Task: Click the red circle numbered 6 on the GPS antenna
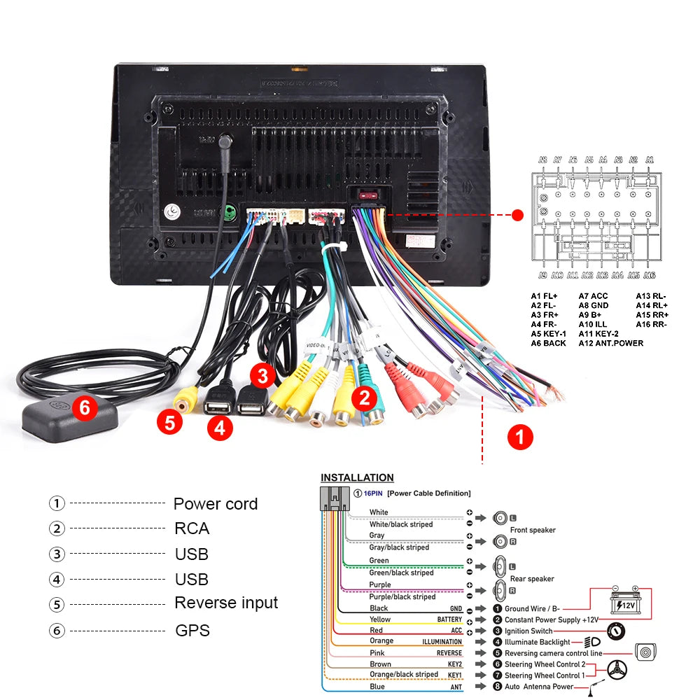click(x=85, y=408)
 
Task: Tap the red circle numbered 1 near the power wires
click(x=519, y=437)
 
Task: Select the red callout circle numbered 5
click(x=169, y=422)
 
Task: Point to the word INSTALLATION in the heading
click(x=357, y=477)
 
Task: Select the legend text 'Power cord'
click(x=216, y=504)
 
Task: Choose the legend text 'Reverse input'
click(x=226, y=603)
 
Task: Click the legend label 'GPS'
click(x=192, y=631)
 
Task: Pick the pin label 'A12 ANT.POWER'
click(x=610, y=343)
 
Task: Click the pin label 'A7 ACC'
click(x=593, y=296)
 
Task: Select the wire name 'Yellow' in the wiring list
click(x=380, y=619)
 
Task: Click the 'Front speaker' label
click(x=532, y=530)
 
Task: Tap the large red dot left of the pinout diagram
click(x=519, y=215)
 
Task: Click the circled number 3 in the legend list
click(x=57, y=554)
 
